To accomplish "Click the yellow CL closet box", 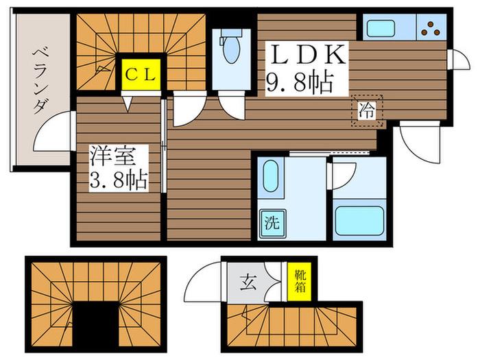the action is click(x=141, y=74).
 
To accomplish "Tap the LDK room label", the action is click(x=307, y=54).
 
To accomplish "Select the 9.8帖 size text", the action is click(x=300, y=83).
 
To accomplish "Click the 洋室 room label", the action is click(x=112, y=157).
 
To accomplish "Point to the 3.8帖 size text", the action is click(x=118, y=180).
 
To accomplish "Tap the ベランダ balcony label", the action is click(x=40, y=80).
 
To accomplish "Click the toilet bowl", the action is click(x=232, y=48).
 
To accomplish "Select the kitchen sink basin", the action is click(x=381, y=28).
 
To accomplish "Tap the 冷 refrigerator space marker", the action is click(x=367, y=111).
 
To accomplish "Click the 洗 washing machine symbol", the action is click(x=272, y=224).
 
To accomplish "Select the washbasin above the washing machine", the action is click(x=271, y=176).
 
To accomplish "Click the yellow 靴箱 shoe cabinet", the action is click(x=300, y=282).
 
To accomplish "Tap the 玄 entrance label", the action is click(x=248, y=283).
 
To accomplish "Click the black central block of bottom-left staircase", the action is click(x=95, y=326).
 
